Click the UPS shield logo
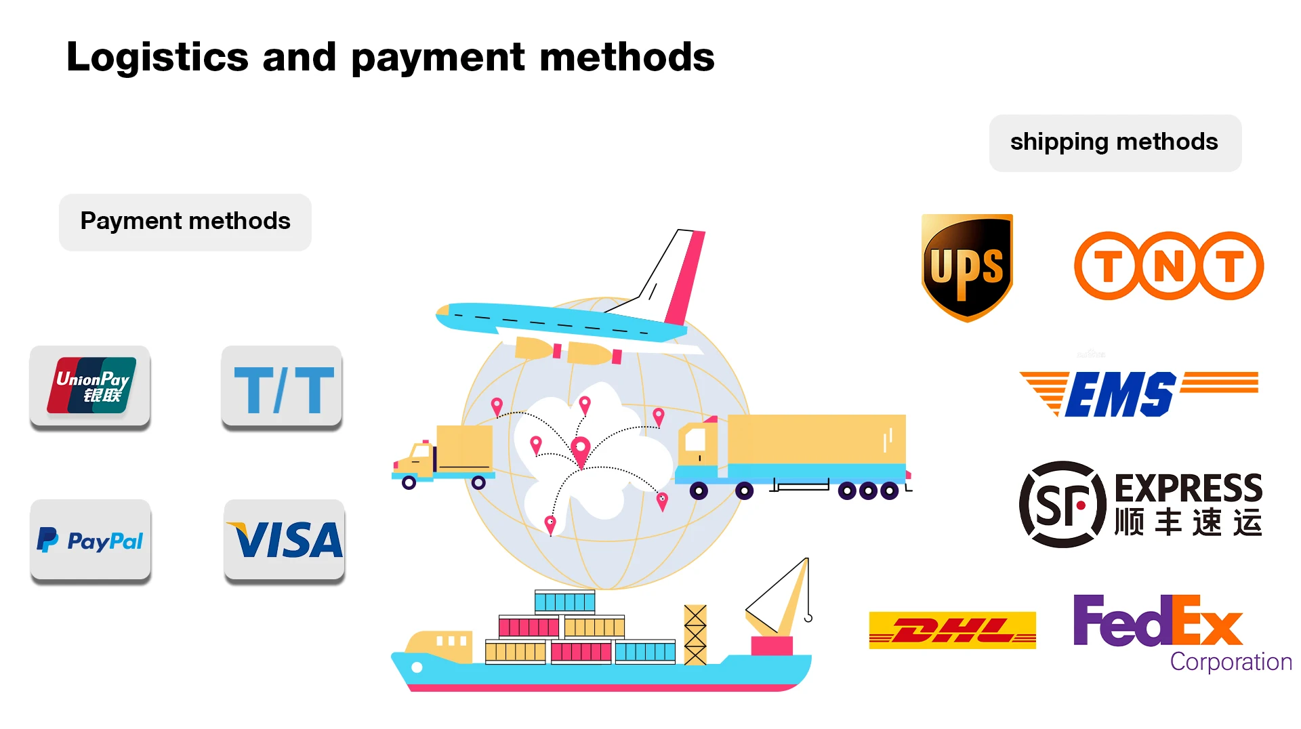967,268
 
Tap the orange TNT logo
1169,266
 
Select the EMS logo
1138,393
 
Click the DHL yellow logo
952,630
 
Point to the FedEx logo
1157,621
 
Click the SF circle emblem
1062,505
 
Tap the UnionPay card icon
90,386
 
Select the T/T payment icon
282,388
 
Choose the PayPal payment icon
91,540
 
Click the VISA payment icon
285,540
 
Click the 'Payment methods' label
185,222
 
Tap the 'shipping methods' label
1115,142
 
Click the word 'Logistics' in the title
157,57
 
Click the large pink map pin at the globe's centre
581,449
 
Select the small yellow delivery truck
444,455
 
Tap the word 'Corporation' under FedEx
1231,662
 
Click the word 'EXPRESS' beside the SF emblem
1189,488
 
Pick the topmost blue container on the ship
564,601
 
